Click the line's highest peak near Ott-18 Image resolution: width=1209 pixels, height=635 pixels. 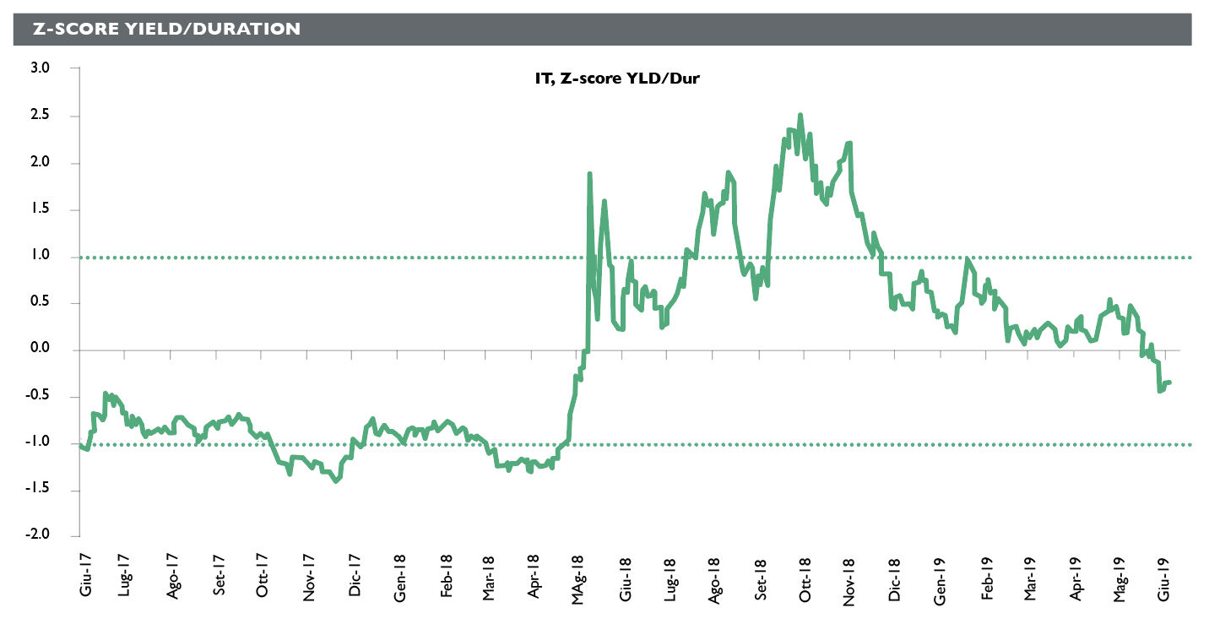(x=800, y=116)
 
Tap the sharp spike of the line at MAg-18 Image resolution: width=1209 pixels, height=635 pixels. (x=589, y=174)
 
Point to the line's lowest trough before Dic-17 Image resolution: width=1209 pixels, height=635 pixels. (x=336, y=480)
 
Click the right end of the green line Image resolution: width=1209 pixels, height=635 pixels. (x=1169, y=383)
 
